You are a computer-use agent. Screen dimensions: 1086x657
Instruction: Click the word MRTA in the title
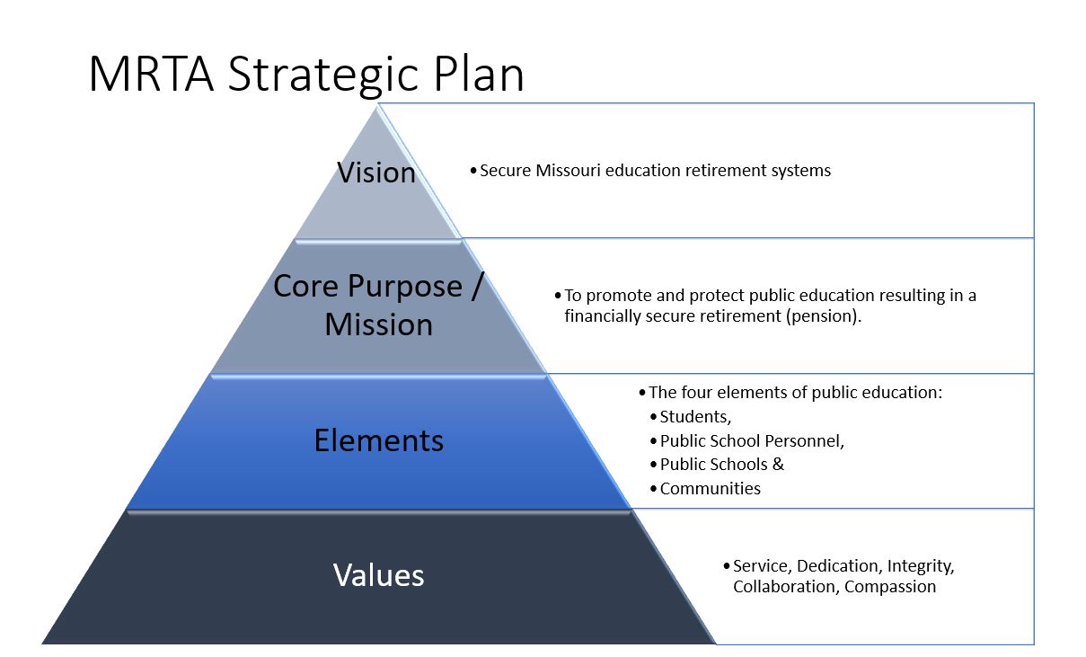coord(151,74)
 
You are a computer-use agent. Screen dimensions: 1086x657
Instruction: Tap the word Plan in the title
coord(479,73)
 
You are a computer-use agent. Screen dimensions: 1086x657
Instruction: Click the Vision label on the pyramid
coord(376,173)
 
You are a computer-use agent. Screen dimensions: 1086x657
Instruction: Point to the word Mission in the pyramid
coord(379,324)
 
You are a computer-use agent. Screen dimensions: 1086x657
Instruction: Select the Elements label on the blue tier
coord(379,440)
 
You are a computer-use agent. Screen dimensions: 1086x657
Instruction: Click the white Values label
coord(379,575)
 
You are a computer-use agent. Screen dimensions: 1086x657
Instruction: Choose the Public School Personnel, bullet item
coord(752,440)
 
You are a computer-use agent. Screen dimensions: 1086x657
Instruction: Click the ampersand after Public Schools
coord(778,464)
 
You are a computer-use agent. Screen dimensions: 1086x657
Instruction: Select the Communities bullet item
coord(711,488)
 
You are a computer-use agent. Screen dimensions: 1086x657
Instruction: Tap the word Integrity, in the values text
coord(921,566)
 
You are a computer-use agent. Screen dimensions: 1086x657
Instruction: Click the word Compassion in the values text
coord(890,587)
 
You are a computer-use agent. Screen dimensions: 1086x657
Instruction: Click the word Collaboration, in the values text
coord(786,587)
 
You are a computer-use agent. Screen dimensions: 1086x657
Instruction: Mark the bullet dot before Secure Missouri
coord(473,171)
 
